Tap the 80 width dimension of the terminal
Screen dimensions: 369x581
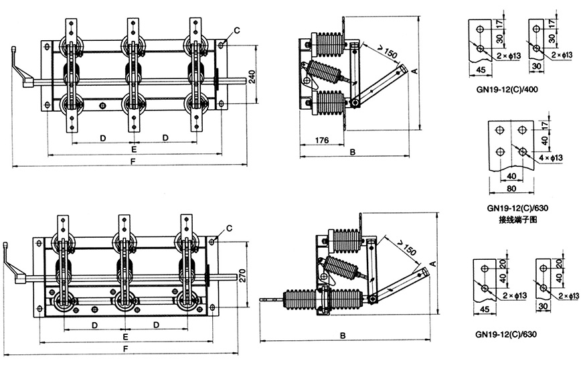coord(511,189)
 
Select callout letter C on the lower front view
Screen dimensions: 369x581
coord(229,228)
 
